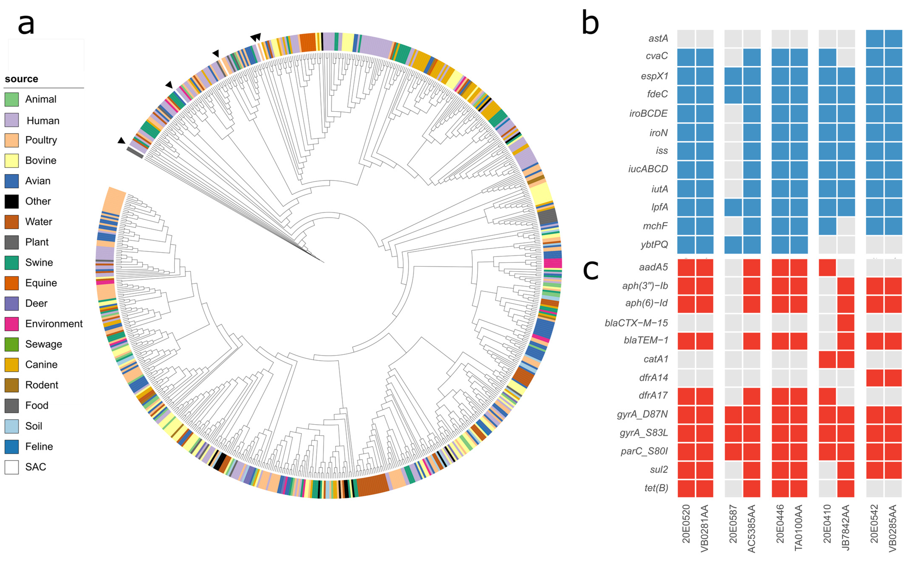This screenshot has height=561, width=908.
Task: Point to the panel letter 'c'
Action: (x=591, y=270)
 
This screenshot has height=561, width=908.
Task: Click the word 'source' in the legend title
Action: (x=22, y=79)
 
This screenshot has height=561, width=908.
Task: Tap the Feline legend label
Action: (x=39, y=446)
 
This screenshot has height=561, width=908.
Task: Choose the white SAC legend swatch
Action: (x=11, y=467)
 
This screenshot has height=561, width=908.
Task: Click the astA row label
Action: (x=658, y=38)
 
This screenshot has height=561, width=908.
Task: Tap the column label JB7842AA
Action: (x=846, y=527)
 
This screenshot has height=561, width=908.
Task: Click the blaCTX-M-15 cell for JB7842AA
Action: (x=846, y=323)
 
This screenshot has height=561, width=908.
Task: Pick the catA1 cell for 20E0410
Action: (x=827, y=359)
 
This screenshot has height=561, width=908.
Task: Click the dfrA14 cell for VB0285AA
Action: (x=893, y=378)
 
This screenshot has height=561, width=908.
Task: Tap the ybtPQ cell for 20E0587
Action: (x=733, y=245)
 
